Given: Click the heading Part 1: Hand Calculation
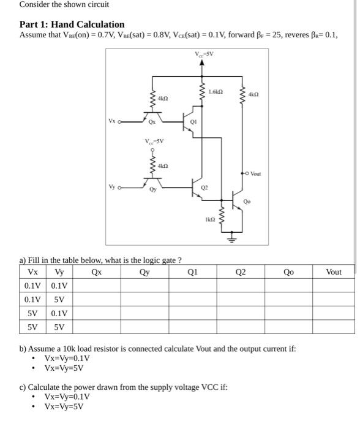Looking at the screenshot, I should tap(72, 24).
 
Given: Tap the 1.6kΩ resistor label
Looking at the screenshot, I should tap(216, 92).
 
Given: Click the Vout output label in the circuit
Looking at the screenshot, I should tap(255, 173).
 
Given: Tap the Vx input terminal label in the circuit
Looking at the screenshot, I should tap(111, 120).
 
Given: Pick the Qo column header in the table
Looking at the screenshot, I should tap(288, 271).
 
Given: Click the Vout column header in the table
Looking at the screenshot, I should tap(334, 271).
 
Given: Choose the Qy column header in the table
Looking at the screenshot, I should tap(145, 271).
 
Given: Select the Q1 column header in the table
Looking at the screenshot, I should tap(193, 271).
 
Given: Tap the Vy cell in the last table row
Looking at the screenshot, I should tap(59, 327).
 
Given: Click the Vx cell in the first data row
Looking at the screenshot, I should tap(32, 285).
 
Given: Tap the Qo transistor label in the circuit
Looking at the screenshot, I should tap(246, 200).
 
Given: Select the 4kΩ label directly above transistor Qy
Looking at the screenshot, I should tap(163, 165).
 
